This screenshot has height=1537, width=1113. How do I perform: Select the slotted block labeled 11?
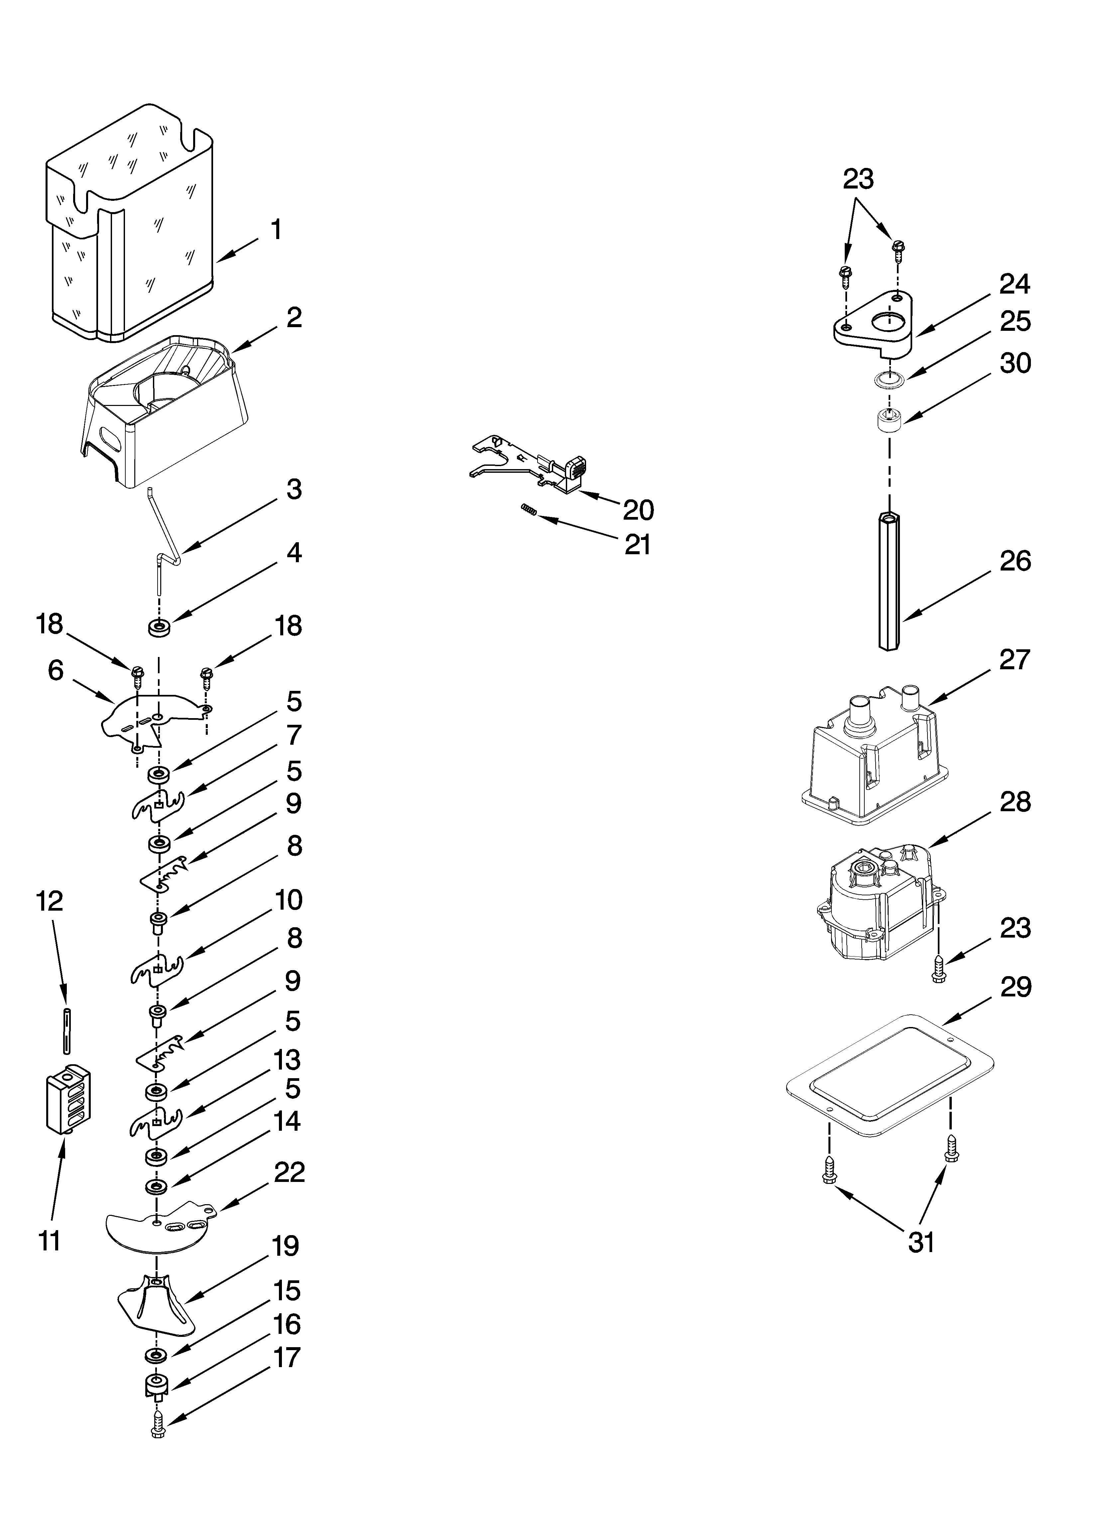(68, 1098)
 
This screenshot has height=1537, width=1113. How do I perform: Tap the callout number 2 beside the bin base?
(294, 317)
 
